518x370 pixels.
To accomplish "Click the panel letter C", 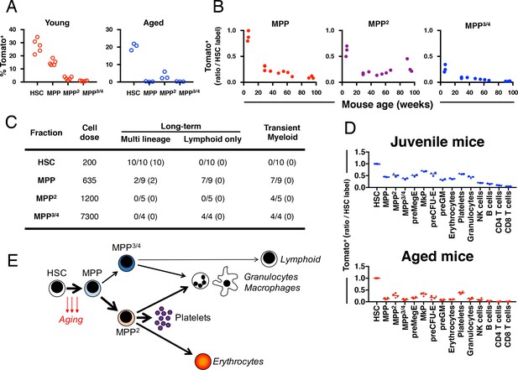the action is point(12,122).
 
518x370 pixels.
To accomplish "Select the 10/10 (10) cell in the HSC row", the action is point(146,163).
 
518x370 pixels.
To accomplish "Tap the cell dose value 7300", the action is point(90,216).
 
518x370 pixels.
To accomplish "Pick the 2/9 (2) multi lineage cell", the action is point(146,180).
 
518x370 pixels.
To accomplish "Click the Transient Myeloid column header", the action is point(282,133).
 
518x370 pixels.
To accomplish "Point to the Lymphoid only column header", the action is point(212,139).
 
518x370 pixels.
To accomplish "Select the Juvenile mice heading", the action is point(437,142).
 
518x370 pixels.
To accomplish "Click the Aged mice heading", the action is point(437,257).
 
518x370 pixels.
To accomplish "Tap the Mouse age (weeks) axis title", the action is point(387,105).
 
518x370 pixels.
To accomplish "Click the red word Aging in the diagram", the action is point(71,319).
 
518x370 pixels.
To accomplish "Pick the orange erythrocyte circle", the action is point(203,361).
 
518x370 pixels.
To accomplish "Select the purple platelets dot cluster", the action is point(163,318).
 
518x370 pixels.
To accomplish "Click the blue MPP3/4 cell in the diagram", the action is point(127,262).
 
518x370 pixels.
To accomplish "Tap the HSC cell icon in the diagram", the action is point(57,288).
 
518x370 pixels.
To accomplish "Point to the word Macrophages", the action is point(272,288).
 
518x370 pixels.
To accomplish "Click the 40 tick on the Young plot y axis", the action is point(13,29).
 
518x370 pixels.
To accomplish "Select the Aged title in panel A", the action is point(154,23).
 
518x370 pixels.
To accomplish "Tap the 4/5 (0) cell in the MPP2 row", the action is point(282,199).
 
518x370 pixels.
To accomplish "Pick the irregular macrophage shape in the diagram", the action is point(225,282).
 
